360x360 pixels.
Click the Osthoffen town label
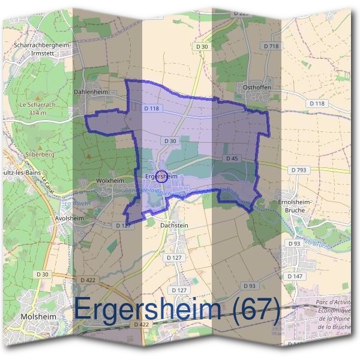(258, 87)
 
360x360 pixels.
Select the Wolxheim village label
(109, 180)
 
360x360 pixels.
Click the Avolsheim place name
(69, 218)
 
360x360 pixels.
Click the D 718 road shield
(271, 46)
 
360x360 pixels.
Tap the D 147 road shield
(295, 276)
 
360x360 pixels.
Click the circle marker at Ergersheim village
(161, 176)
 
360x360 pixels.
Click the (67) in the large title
(250, 311)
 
